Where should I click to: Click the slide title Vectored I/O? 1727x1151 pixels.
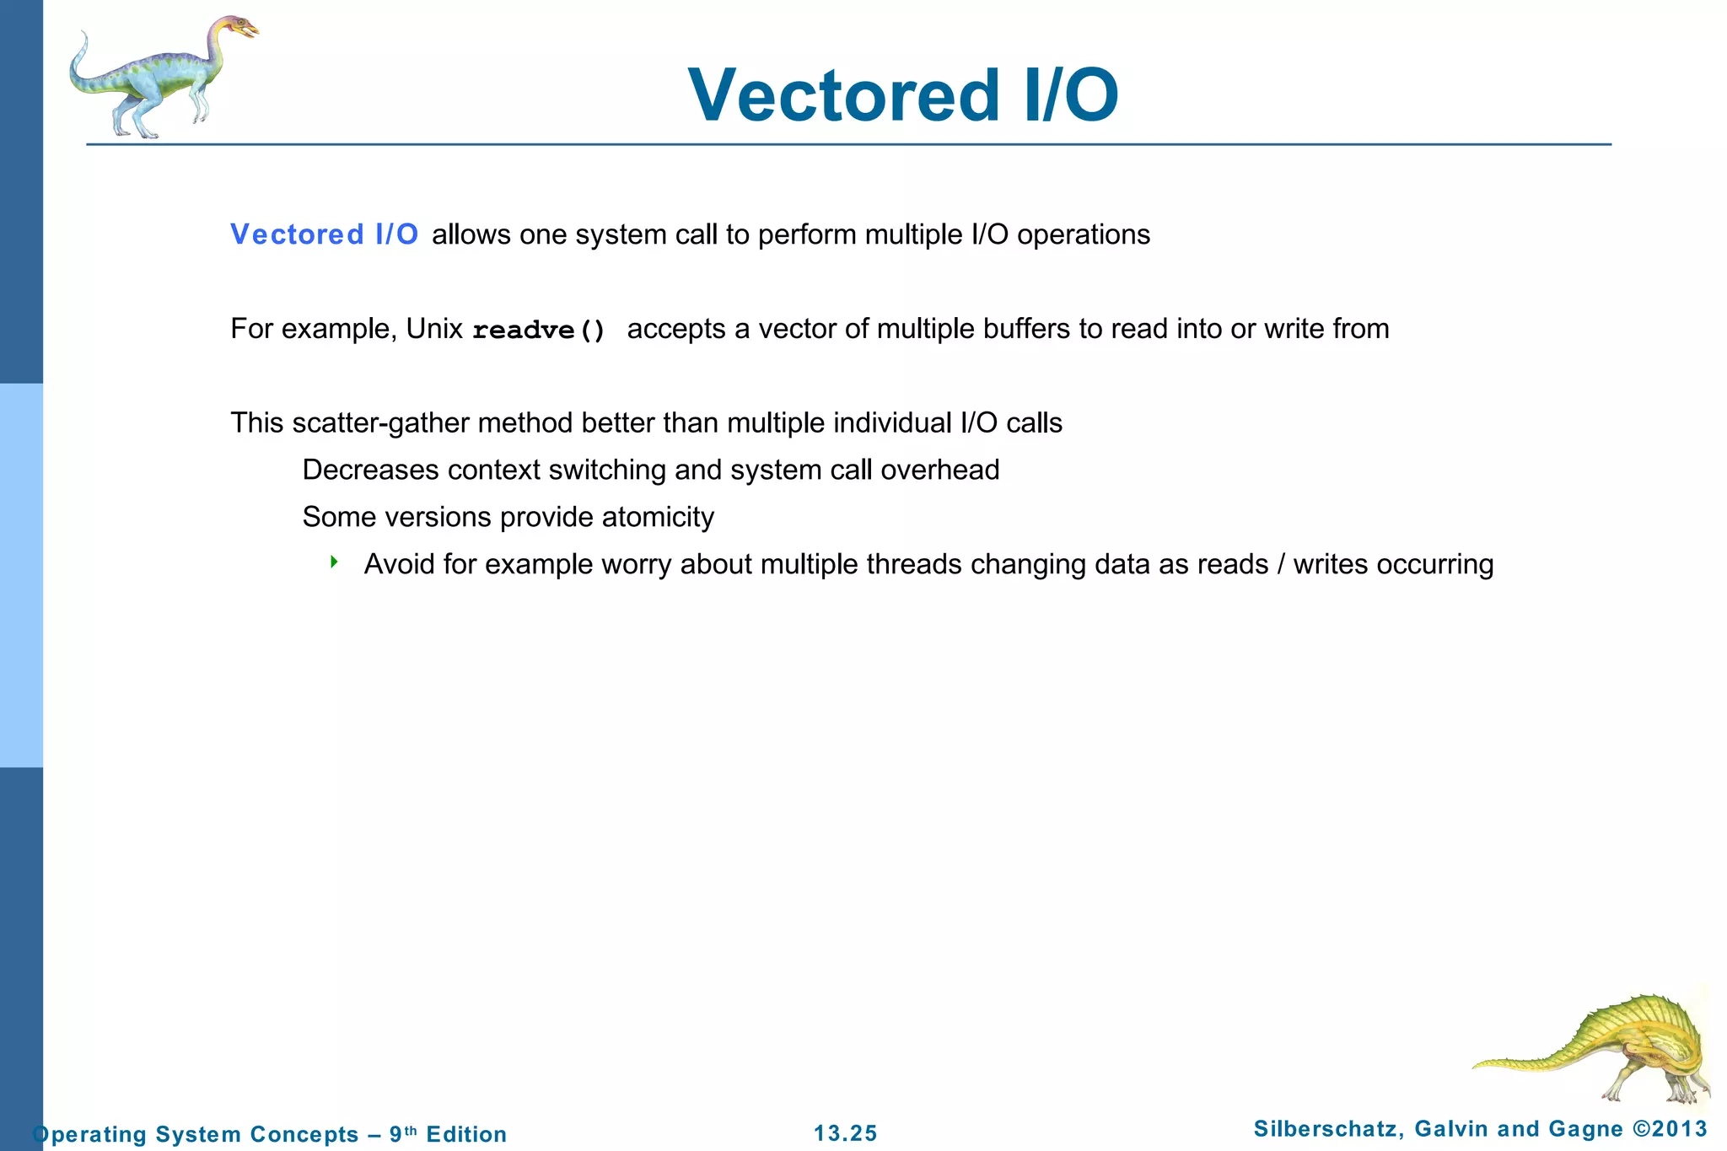[x=903, y=95]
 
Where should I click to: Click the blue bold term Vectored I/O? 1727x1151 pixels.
[x=325, y=234]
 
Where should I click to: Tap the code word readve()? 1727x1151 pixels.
[x=539, y=330]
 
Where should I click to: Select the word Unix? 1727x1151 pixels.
[x=434, y=328]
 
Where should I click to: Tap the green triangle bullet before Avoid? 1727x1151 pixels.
[x=334, y=562]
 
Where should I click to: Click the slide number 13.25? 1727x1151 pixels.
[x=845, y=1133]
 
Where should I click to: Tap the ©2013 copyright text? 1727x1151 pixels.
[x=1670, y=1128]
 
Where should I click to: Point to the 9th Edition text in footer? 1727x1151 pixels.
[x=448, y=1134]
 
